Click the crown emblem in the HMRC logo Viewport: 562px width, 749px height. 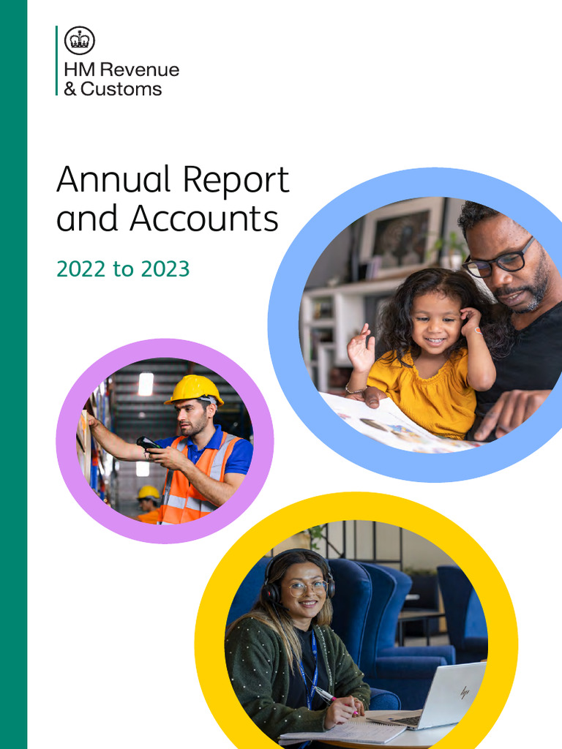tap(79, 40)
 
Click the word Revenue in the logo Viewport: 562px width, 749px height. tap(138, 71)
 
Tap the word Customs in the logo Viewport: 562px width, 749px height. tap(121, 89)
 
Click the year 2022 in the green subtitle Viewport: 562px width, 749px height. tap(80, 269)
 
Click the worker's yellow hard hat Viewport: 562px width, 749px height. tap(194, 389)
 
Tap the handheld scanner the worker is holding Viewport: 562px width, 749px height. tap(148, 443)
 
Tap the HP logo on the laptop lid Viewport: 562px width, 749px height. tap(464, 690)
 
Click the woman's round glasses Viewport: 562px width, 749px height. tap(306, 587)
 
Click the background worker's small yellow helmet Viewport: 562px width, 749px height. tap(149, 492)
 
